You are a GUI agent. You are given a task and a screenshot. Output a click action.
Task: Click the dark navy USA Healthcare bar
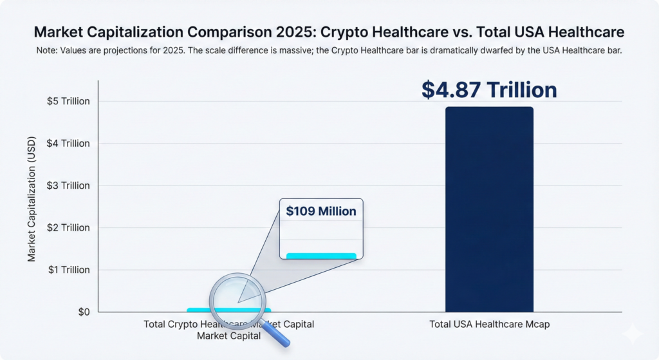[x=489, y=209]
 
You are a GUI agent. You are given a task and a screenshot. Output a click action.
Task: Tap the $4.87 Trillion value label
[x=489, y=90]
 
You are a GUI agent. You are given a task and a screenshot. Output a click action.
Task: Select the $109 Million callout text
[x=321, y=211]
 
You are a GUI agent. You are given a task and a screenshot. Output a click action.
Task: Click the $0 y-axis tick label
[x=83, y=312]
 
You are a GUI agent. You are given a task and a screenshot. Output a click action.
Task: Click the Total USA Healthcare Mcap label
[x=489, y=325]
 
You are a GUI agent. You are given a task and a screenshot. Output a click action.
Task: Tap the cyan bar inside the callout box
[x=321, y=256]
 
